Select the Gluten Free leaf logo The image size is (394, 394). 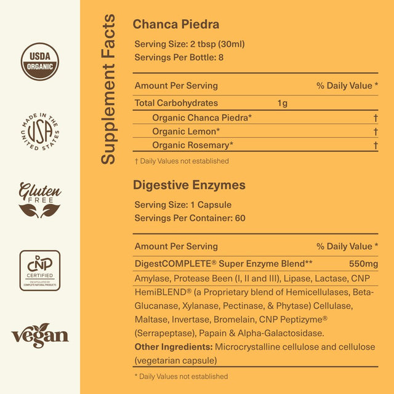pyautogui.click(x=40, y=201)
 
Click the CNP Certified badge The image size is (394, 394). pyautogui.click(x=40, y=271)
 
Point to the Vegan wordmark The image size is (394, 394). pyautogui.click(x=40, y=336)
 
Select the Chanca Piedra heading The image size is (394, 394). pyautogui.click(x=176, y=25)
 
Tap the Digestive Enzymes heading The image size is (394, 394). pyautogui.click(x=190, y=185)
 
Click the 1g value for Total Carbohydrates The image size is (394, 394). pyautogui.click(x=282, y=103)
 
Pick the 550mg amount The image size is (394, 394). pyautogui.click(x=363, y=263)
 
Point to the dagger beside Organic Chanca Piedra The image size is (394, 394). pyautogui.click(x=375, y=118)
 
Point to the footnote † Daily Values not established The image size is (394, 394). pyautogui.click(x=182, y=161)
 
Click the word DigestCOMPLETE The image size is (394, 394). pyautogui.click(x=166, y=263)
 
